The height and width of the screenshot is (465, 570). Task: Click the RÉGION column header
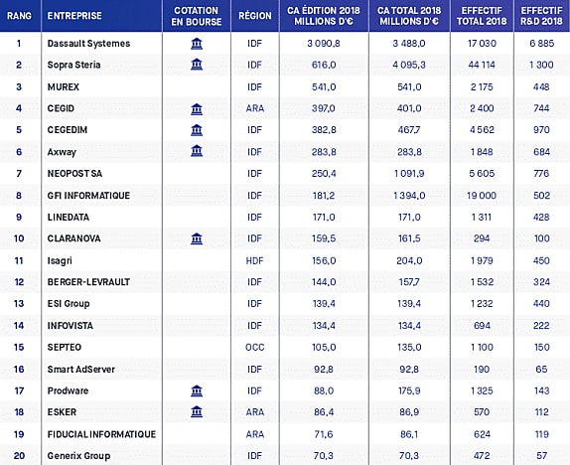255,16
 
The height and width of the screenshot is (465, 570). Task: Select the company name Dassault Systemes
88,44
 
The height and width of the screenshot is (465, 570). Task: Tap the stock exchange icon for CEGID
197,108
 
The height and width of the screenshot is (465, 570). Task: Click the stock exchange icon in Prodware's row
197,390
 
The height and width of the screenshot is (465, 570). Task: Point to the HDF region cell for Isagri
254,260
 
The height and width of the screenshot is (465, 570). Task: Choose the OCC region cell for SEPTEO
254,347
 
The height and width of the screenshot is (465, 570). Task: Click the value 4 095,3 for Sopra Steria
409,65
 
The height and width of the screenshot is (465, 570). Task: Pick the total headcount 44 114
482,65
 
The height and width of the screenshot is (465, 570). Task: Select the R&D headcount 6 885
541,44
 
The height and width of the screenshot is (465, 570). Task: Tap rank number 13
19,303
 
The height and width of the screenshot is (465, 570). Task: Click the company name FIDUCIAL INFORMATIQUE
101,434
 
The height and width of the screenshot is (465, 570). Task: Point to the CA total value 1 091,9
409,174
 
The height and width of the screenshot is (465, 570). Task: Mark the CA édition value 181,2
324,196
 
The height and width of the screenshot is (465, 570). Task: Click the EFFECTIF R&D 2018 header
541,16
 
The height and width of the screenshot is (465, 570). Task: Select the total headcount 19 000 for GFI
482,196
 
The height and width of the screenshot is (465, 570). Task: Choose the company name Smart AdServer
81,369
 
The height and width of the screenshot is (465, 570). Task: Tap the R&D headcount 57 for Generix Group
541,455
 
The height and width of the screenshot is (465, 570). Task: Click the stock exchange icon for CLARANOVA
197,238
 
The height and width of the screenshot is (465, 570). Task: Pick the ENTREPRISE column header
74,16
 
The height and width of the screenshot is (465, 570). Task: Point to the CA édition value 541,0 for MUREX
324,87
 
